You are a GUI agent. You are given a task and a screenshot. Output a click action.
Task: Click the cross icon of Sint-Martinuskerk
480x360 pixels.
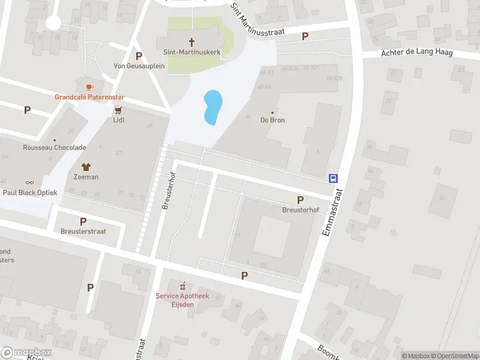coord(192,42)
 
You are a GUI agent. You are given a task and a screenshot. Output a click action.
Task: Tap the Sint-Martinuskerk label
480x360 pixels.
coord(192,53)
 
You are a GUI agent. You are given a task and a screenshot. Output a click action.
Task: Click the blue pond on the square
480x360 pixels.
coord(212,107)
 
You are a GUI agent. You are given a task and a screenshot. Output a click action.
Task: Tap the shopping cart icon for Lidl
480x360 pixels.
coord(118,110)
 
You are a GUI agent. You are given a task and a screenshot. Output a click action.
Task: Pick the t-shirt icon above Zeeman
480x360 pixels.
coord(85,167)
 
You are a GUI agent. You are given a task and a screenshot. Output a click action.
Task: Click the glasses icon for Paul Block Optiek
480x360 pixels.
coord(30,182)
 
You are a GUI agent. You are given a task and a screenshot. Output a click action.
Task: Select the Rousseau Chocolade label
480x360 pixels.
coord(55,148)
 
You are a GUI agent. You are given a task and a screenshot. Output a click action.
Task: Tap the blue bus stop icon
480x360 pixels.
coord(333,178)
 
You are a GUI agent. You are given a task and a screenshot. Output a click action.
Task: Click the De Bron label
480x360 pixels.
coord(272,120)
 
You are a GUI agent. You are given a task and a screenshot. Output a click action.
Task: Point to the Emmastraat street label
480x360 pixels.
coord(334,212)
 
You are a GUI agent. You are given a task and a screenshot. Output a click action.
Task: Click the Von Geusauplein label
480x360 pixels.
coord(139,66)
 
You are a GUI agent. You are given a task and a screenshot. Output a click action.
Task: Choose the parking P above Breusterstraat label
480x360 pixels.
coord(83,221)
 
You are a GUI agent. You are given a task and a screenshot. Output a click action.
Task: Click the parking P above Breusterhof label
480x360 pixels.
coord(300,200)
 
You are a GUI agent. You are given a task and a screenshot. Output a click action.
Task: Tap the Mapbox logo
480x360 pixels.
coord(26,352)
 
